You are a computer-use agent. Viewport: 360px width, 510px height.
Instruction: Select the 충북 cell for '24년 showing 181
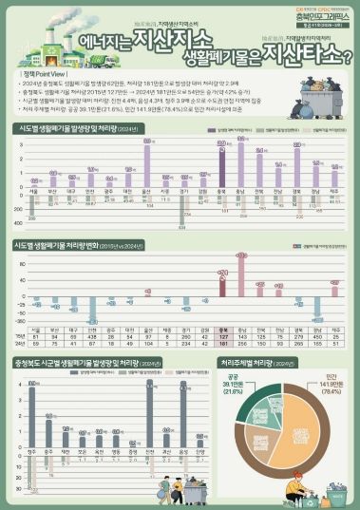tap(221, 344)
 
